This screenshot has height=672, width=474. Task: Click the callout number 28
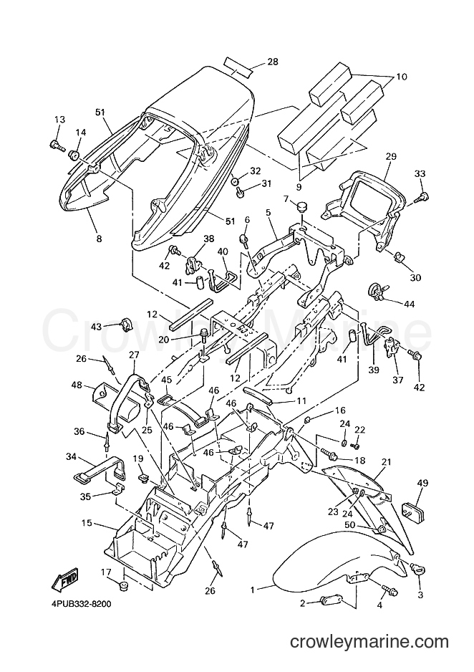tap(272, 62)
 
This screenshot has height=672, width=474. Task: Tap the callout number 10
tap(402, 77)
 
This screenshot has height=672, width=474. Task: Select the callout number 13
tap(59, 120)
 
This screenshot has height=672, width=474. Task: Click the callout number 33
tap(420, 174)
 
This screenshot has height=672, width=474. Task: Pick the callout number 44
tap(409, 304)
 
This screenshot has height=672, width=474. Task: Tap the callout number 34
tap(71, 457)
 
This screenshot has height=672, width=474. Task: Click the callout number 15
tap(87, 524)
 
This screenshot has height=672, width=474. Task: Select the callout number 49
tap(422, 483)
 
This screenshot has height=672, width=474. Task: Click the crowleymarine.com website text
tap(369, 642)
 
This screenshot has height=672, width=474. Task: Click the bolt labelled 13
tap(57, 145)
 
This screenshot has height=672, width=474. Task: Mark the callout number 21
tap(387, 462)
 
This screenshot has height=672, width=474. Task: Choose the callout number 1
tap(253, 590)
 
